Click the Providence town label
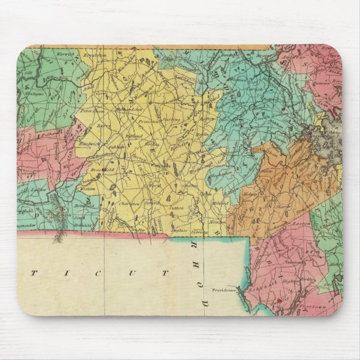[225, 290]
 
